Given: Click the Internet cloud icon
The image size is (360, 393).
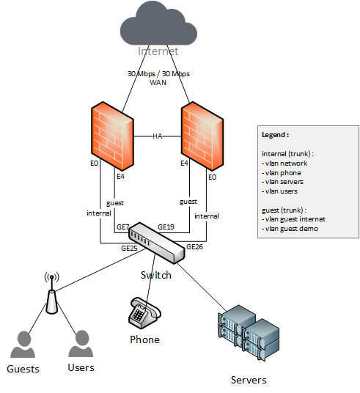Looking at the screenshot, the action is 158,23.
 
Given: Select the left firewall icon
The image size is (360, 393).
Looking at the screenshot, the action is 112,136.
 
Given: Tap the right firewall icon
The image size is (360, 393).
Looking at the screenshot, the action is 202,136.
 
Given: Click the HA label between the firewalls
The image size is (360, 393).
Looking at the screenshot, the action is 158,136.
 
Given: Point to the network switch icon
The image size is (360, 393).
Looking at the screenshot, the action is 157,243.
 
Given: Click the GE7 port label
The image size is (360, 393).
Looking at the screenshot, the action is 123,227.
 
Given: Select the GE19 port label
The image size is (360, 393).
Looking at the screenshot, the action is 166,227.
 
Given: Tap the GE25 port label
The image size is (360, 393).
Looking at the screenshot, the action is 129,248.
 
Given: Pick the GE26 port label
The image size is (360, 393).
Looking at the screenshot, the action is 194,247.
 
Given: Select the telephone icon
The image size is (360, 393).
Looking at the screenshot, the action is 144,312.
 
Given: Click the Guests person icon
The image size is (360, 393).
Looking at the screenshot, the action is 23,344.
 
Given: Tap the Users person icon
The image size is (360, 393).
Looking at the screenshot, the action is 81,343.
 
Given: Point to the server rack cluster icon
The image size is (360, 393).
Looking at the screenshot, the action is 249,333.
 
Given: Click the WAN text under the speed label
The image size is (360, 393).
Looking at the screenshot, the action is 158,82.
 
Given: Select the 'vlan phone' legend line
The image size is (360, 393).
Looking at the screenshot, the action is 282,173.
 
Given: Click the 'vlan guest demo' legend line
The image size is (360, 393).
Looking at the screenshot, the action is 290,229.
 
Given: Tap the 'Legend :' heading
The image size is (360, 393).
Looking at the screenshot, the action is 275,135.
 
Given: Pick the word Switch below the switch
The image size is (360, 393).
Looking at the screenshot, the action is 156,275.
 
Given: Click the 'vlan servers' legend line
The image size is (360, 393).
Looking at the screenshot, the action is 282,182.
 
